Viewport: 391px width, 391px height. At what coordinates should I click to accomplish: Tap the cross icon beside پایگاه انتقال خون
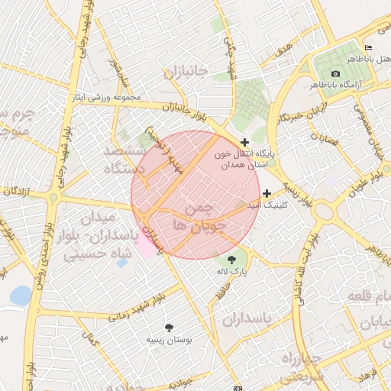244,142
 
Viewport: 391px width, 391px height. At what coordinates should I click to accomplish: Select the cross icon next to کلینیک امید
267,193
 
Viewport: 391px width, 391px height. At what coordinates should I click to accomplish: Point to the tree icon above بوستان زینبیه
169,327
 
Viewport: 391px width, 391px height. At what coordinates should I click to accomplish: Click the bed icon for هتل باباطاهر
369,47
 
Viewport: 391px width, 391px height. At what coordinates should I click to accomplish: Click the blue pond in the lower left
21,295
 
